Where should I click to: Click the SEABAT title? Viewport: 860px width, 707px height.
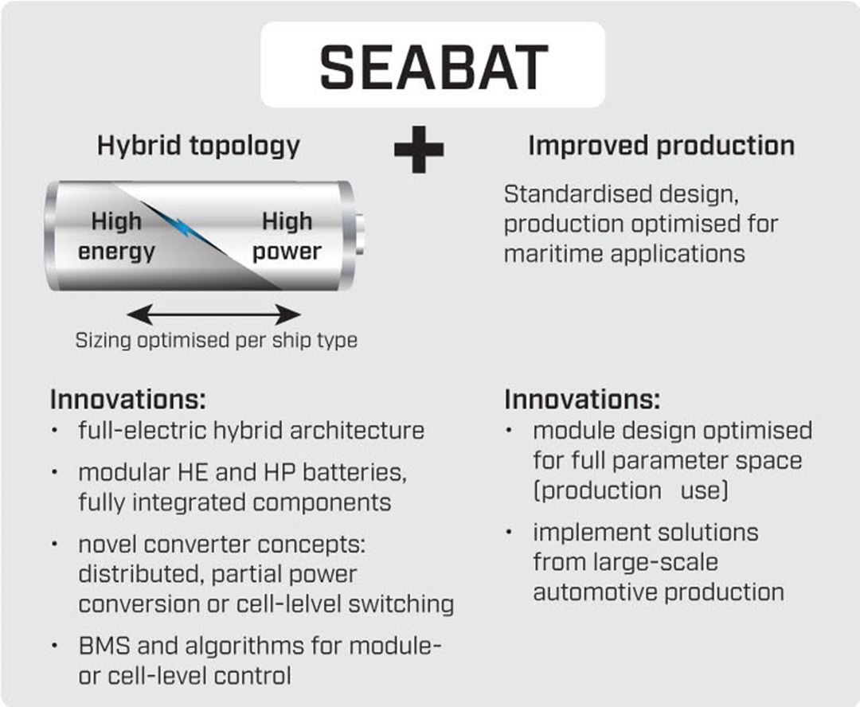tap(433, 67)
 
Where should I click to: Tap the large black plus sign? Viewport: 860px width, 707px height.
tap(419, 149)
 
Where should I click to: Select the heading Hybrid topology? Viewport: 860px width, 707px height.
tap(198, 146)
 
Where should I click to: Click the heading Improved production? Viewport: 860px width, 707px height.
tap(661, 146)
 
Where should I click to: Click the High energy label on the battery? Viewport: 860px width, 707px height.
tap(116, 236)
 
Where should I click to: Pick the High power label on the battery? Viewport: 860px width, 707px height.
tap(287, 236)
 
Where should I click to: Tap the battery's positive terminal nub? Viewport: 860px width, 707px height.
tap(359, 234)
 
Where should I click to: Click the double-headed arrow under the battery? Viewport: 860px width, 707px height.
tap(213, 314)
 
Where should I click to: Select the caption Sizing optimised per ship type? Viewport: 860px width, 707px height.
tap(216, 340)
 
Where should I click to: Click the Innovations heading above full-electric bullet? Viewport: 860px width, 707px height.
tap(127, 400)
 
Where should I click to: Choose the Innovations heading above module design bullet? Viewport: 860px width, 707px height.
tap(582, 400)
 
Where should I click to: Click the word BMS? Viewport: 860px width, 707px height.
tap(105, 646)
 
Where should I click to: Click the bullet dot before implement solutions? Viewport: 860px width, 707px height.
tap(509, 532)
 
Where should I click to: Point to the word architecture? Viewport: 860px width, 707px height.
tap(357, 431)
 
